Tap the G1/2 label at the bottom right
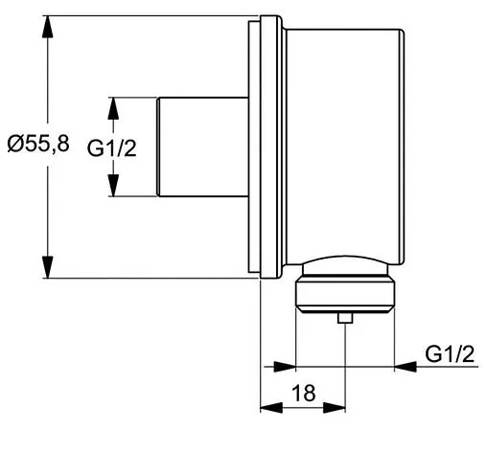pyautogui.click(x=451, y=354)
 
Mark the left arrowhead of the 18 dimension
pyautogui.click(x=269, y=406)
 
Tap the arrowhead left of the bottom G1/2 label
pyautogui.click(x=404, y=367)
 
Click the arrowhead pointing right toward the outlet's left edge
pyautogui.click(x=285, y=367)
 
